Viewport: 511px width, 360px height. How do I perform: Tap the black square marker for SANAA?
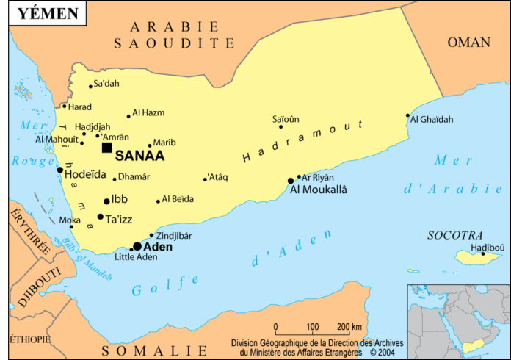point(107,148)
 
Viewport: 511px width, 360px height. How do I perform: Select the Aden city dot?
point(137,246)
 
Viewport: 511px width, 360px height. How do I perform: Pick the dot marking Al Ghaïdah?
point(407,115)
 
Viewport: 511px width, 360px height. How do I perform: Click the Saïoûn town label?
point(286,119)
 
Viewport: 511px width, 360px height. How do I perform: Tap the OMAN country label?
point(468,43)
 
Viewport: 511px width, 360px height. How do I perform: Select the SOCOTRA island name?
point(455,236)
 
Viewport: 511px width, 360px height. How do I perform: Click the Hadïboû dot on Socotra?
point(483,254)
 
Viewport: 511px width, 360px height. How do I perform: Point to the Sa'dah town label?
point(106,83)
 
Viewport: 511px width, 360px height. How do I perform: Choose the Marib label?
point(164,142)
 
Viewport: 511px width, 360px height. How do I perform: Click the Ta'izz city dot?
point(101,217)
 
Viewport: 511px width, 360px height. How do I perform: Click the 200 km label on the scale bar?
point(349,327)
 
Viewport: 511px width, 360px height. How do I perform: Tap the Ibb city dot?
point(106,201)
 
